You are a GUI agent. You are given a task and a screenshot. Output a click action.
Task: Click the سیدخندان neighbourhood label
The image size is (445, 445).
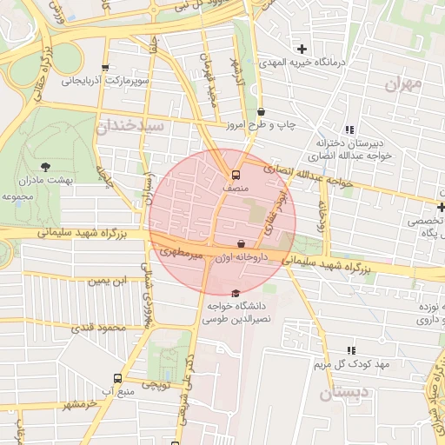tap(130, 126)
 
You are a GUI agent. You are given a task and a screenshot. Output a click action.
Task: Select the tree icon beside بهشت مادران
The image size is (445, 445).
tap(45, 166)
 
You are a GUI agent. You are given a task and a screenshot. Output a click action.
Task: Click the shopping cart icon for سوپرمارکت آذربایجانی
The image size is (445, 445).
tap(105, 68)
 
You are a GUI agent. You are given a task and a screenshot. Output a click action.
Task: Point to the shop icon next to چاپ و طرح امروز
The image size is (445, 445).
tap(262, 111)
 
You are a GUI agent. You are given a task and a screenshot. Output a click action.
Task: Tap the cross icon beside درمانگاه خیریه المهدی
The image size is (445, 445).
tap(302, 49)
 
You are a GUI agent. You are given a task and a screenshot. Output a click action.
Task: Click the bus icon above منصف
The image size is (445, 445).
tap(226, 173)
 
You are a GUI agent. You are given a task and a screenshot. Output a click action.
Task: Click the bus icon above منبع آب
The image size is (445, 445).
tap(117, 379)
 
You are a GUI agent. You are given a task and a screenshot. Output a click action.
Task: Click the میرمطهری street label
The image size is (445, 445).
tap(181, 253)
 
